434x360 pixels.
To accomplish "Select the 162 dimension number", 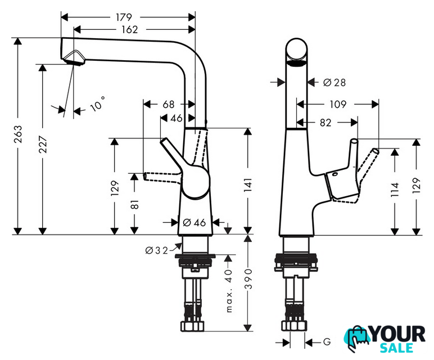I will pos(129,29).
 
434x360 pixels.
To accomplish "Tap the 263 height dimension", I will pos(19,136).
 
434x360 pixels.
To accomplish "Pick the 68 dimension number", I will pos(169,104).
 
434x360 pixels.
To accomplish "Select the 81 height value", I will pos(134,204).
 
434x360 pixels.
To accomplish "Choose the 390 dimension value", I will pos(248,281).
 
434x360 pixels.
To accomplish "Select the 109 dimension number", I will pos(337,104).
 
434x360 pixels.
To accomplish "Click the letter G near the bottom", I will pos(326,341).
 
